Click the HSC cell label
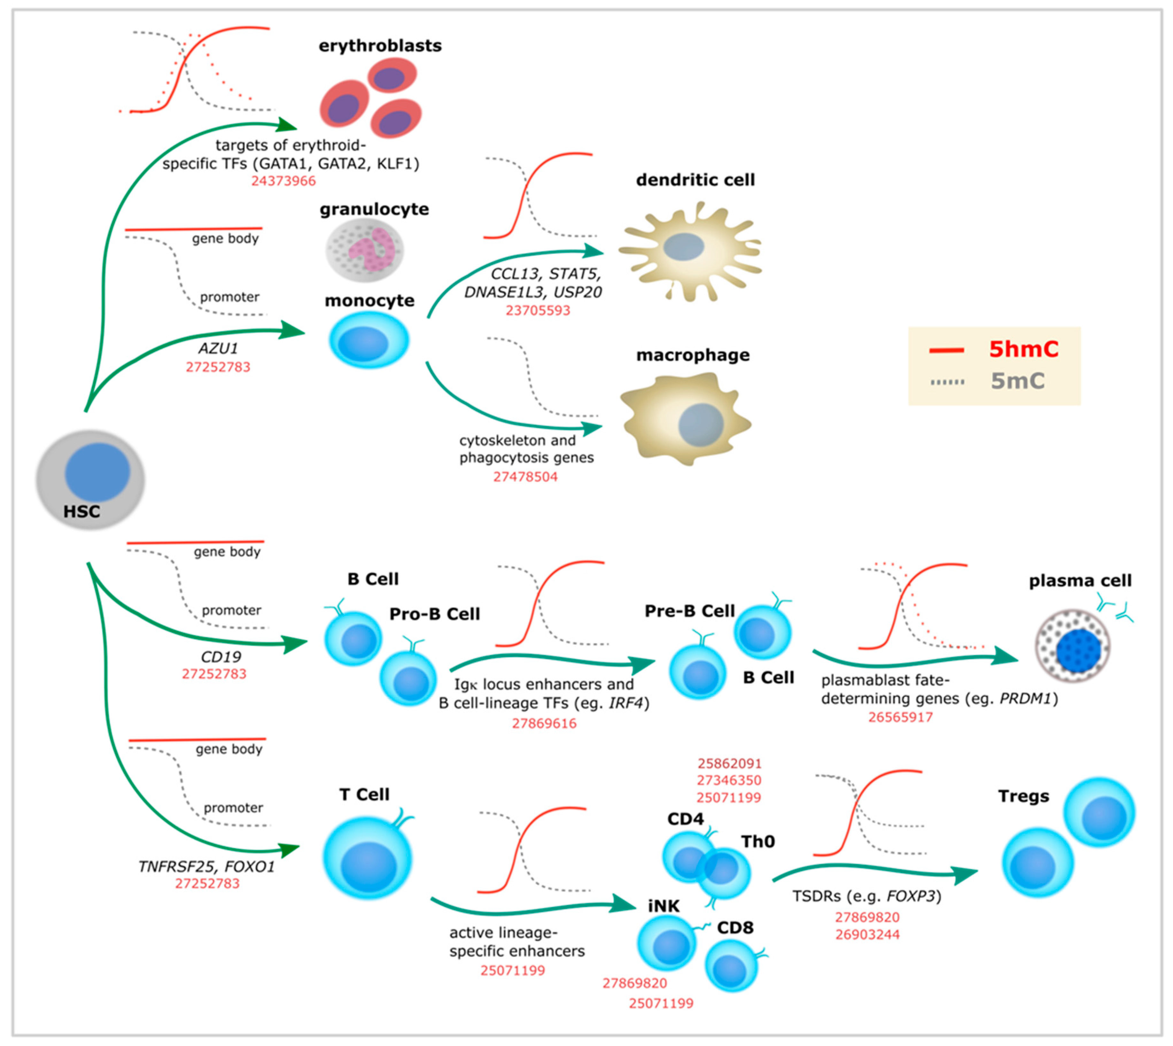click(82, 512)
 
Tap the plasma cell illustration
click(1072, 647)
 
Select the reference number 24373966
click(283, 181)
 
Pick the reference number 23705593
click(538, 310)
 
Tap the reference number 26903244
click(867, 934)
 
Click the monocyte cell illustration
click(369, 340)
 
